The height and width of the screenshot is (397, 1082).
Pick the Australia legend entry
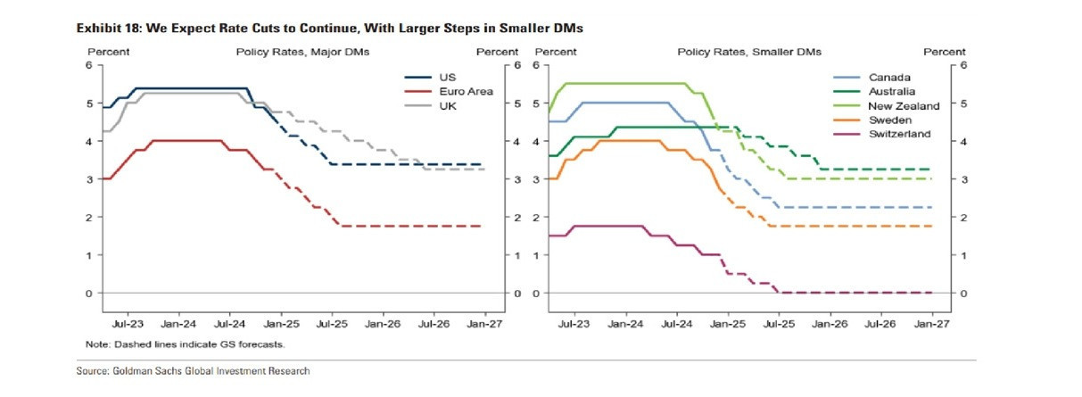pos(891,91)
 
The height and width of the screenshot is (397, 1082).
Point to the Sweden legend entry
pos(888,120)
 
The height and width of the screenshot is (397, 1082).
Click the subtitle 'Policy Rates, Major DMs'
pos(302,52)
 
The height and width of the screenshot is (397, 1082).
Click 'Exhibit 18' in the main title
pos(105,29)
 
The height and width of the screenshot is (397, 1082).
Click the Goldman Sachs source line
pos(193,371)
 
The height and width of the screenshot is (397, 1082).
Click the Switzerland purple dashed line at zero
pos(856,293)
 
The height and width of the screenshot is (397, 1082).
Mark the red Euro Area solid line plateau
pos(187,140)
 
